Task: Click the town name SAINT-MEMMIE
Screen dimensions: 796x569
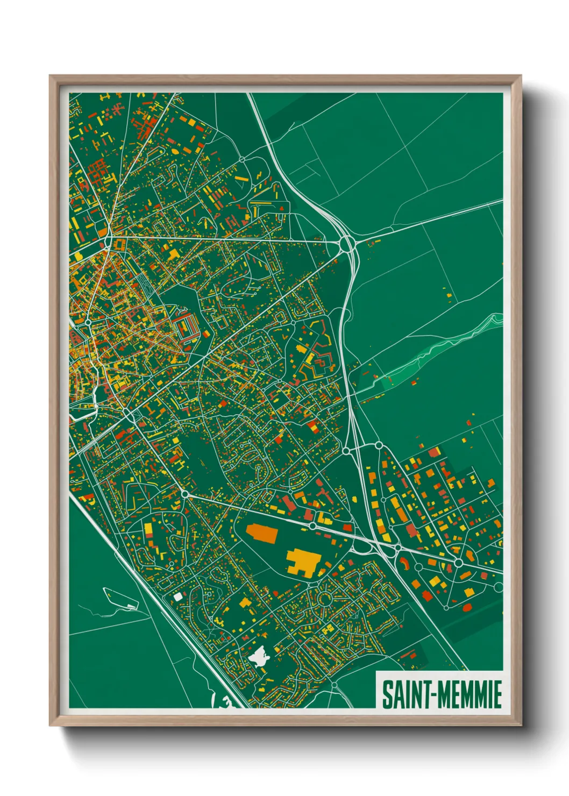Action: point(442,694)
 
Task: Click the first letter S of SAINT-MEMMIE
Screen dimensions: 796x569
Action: point(387,694)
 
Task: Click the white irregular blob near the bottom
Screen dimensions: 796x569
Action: point(259,657)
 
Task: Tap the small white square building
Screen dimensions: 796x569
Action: point(178,596)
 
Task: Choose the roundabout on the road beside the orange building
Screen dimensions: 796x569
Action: point(312,525)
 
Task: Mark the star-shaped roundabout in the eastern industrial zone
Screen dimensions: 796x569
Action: point(458,563)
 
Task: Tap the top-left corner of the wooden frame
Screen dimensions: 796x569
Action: point(51,76)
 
